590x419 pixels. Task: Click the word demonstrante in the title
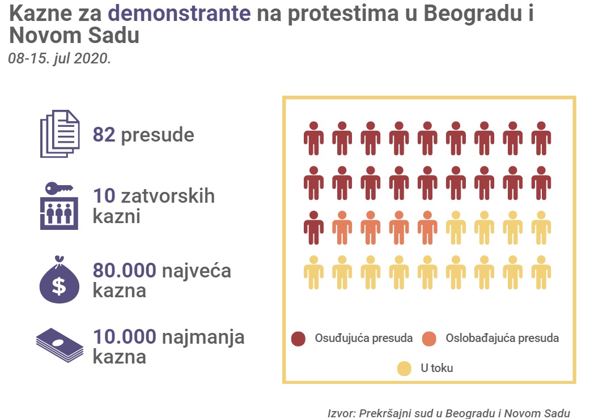[x=179, y=13]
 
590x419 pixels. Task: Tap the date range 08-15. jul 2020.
[x=60, y=58]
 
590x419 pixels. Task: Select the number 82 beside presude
[x=104, y=135]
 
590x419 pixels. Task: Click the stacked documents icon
[x=60, y=134]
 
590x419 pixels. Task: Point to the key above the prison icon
[x=59, y=189]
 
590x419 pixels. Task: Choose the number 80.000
[x=124, y=271]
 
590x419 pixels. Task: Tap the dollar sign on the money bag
[x=59, y=285]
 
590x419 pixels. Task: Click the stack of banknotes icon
[x=60, y=345]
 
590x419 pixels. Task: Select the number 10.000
[x=124, y=337]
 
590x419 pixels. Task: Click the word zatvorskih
[x=168, y=196]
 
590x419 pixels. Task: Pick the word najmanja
[x=203, y=338]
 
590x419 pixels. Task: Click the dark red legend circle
[x=298, y=339]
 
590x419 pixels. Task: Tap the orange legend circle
[x=429, y=339]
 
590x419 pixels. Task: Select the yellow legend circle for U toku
[x=405, y=369]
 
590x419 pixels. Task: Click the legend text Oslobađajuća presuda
[x=502, y=338]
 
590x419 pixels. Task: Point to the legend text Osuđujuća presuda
[x=364, y=338]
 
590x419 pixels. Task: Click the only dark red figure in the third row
[x=313, y=228]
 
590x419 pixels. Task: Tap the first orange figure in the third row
[x=342, y=228]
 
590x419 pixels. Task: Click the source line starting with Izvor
[x=448, y=413]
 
